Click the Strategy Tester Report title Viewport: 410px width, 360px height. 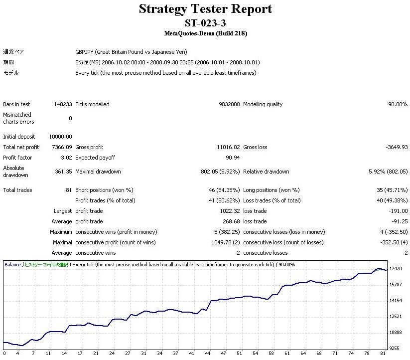tap(205, 9)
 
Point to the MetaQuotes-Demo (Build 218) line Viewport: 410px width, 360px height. tap(205, 33)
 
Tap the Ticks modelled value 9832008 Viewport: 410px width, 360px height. tap(227, 104)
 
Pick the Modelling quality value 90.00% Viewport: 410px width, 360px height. tap(398, 104)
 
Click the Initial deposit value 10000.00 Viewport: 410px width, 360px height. tap(60, 137)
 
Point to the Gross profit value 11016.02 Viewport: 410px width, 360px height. tap(227, 147)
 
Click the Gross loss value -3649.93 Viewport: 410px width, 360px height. tap(397, 147)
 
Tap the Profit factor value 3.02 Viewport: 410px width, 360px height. tap(66, 158)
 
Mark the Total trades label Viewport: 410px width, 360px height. tap(17, 190)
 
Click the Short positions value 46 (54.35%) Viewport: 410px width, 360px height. tap(222, 190)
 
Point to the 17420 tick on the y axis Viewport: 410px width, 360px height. tap(396, 269)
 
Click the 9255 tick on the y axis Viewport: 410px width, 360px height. tap(395, 348)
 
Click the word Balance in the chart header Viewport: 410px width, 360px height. tap(12, 264)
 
